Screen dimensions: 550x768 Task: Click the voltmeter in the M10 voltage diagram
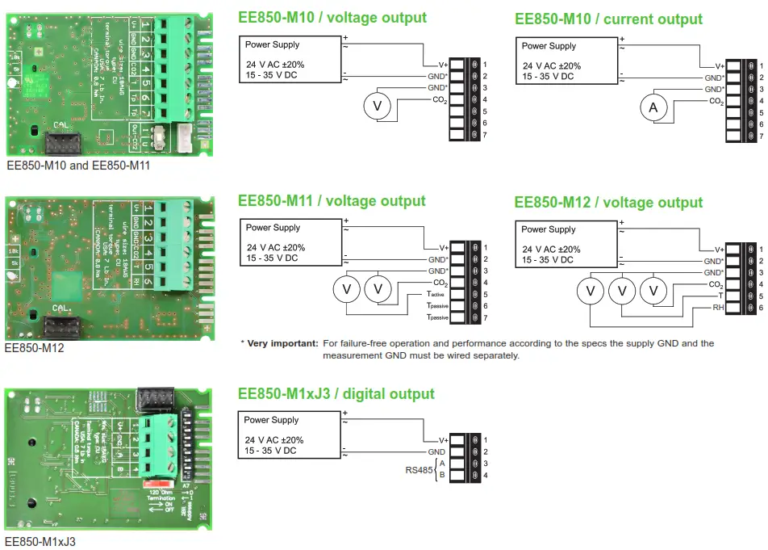[374, 106]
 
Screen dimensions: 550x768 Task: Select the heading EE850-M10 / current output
[608, 19]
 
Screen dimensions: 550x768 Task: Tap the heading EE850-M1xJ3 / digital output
[336, 394]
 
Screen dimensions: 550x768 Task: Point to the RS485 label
[419, 469]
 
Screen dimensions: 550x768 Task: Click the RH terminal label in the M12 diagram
[716, 309]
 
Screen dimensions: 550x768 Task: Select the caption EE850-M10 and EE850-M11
[77, 166]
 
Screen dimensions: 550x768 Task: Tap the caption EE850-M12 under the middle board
[35, 348]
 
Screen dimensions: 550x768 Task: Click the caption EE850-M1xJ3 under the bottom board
[40, 541]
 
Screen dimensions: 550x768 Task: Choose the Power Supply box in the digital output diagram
[290, 434]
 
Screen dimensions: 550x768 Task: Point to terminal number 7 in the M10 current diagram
[761, 136]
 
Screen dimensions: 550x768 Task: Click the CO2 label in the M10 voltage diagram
[439, 99]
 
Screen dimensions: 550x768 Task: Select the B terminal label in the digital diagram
[441, 475]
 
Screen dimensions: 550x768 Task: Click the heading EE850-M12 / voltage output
[608, 202]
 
